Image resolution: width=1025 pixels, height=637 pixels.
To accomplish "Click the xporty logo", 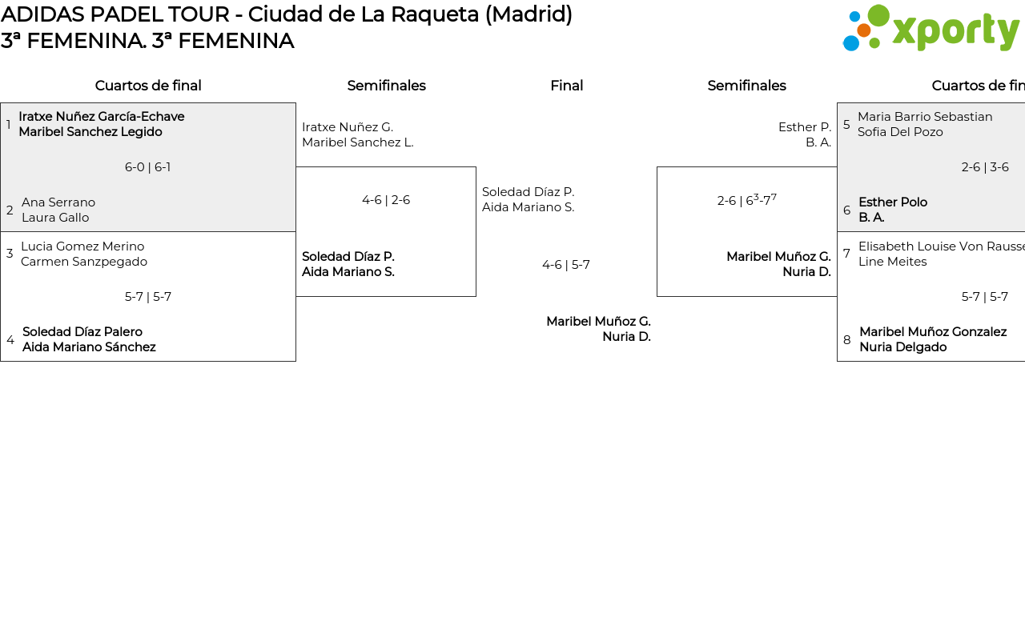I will pyautogui.click(x=931, y=29).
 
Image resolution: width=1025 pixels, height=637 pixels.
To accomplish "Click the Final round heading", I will pyautogui.click(x=566, y=86).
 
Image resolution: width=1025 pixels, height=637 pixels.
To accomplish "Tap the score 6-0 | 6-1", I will pyautogui.click(x=148, y=167).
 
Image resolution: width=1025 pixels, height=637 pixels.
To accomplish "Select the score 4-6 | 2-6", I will pyautogui.click(x=386, y=200).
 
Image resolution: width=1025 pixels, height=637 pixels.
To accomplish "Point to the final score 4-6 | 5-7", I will pyautogui.click(x=566, y=265).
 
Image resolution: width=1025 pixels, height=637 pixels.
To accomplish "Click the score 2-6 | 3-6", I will pyautogui.click(x=985, y=167).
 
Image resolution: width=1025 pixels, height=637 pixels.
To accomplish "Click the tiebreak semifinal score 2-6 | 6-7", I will pyautogui.click(x=746, y=200).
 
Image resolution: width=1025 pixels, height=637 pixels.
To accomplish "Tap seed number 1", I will pyautogui.click(x=9, y=125).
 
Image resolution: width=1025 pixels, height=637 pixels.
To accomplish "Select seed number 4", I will pyautogui.click(x=10, y=340).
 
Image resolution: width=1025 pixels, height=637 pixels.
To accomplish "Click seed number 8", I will pyautogui.click(x=847, y=340).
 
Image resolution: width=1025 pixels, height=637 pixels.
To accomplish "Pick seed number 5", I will pyautogui.click(x=846, y=125).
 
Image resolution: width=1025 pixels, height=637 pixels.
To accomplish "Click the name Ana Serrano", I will pyautogui.click(x=58, y=202).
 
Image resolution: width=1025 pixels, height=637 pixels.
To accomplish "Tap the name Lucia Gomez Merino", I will pyautogui.click(x=82, y=246).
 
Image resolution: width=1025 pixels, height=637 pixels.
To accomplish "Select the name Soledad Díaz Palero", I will pyautogui.click(x=82, y=332).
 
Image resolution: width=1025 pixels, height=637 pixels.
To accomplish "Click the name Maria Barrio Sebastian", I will pyautogui.click(x=925, y=117).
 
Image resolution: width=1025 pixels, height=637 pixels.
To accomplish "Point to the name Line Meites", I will pyautogui.click(x=892, y=262).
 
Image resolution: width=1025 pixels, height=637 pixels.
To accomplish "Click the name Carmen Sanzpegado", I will pyautogui.click(x=84, y=262).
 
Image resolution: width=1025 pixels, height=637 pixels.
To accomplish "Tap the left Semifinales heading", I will pyautogui.click(x=386, y=86).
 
